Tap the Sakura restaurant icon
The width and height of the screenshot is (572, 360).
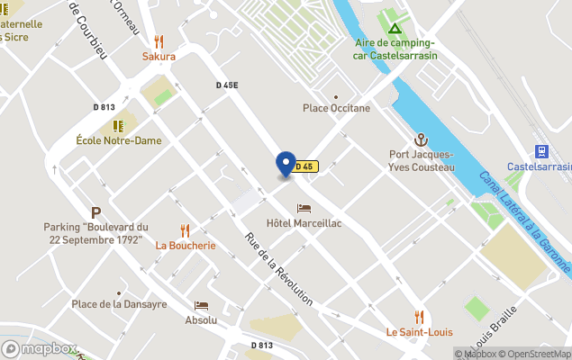159,40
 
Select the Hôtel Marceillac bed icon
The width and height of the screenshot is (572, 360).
304,209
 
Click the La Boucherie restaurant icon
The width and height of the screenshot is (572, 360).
186,230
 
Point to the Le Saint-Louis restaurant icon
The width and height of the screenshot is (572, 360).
419,316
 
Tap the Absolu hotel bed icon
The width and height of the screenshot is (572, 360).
201,305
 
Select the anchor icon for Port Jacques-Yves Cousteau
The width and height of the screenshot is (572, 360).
420,139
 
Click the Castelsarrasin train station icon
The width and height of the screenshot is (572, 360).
541,152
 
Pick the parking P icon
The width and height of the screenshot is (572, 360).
95,213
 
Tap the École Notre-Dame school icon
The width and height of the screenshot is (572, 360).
118,126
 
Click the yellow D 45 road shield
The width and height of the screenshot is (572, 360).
305,166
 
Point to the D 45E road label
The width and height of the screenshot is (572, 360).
227,85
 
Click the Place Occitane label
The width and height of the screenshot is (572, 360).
336,108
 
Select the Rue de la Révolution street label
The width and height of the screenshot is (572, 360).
278,269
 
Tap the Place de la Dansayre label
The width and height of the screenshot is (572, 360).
119,304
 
